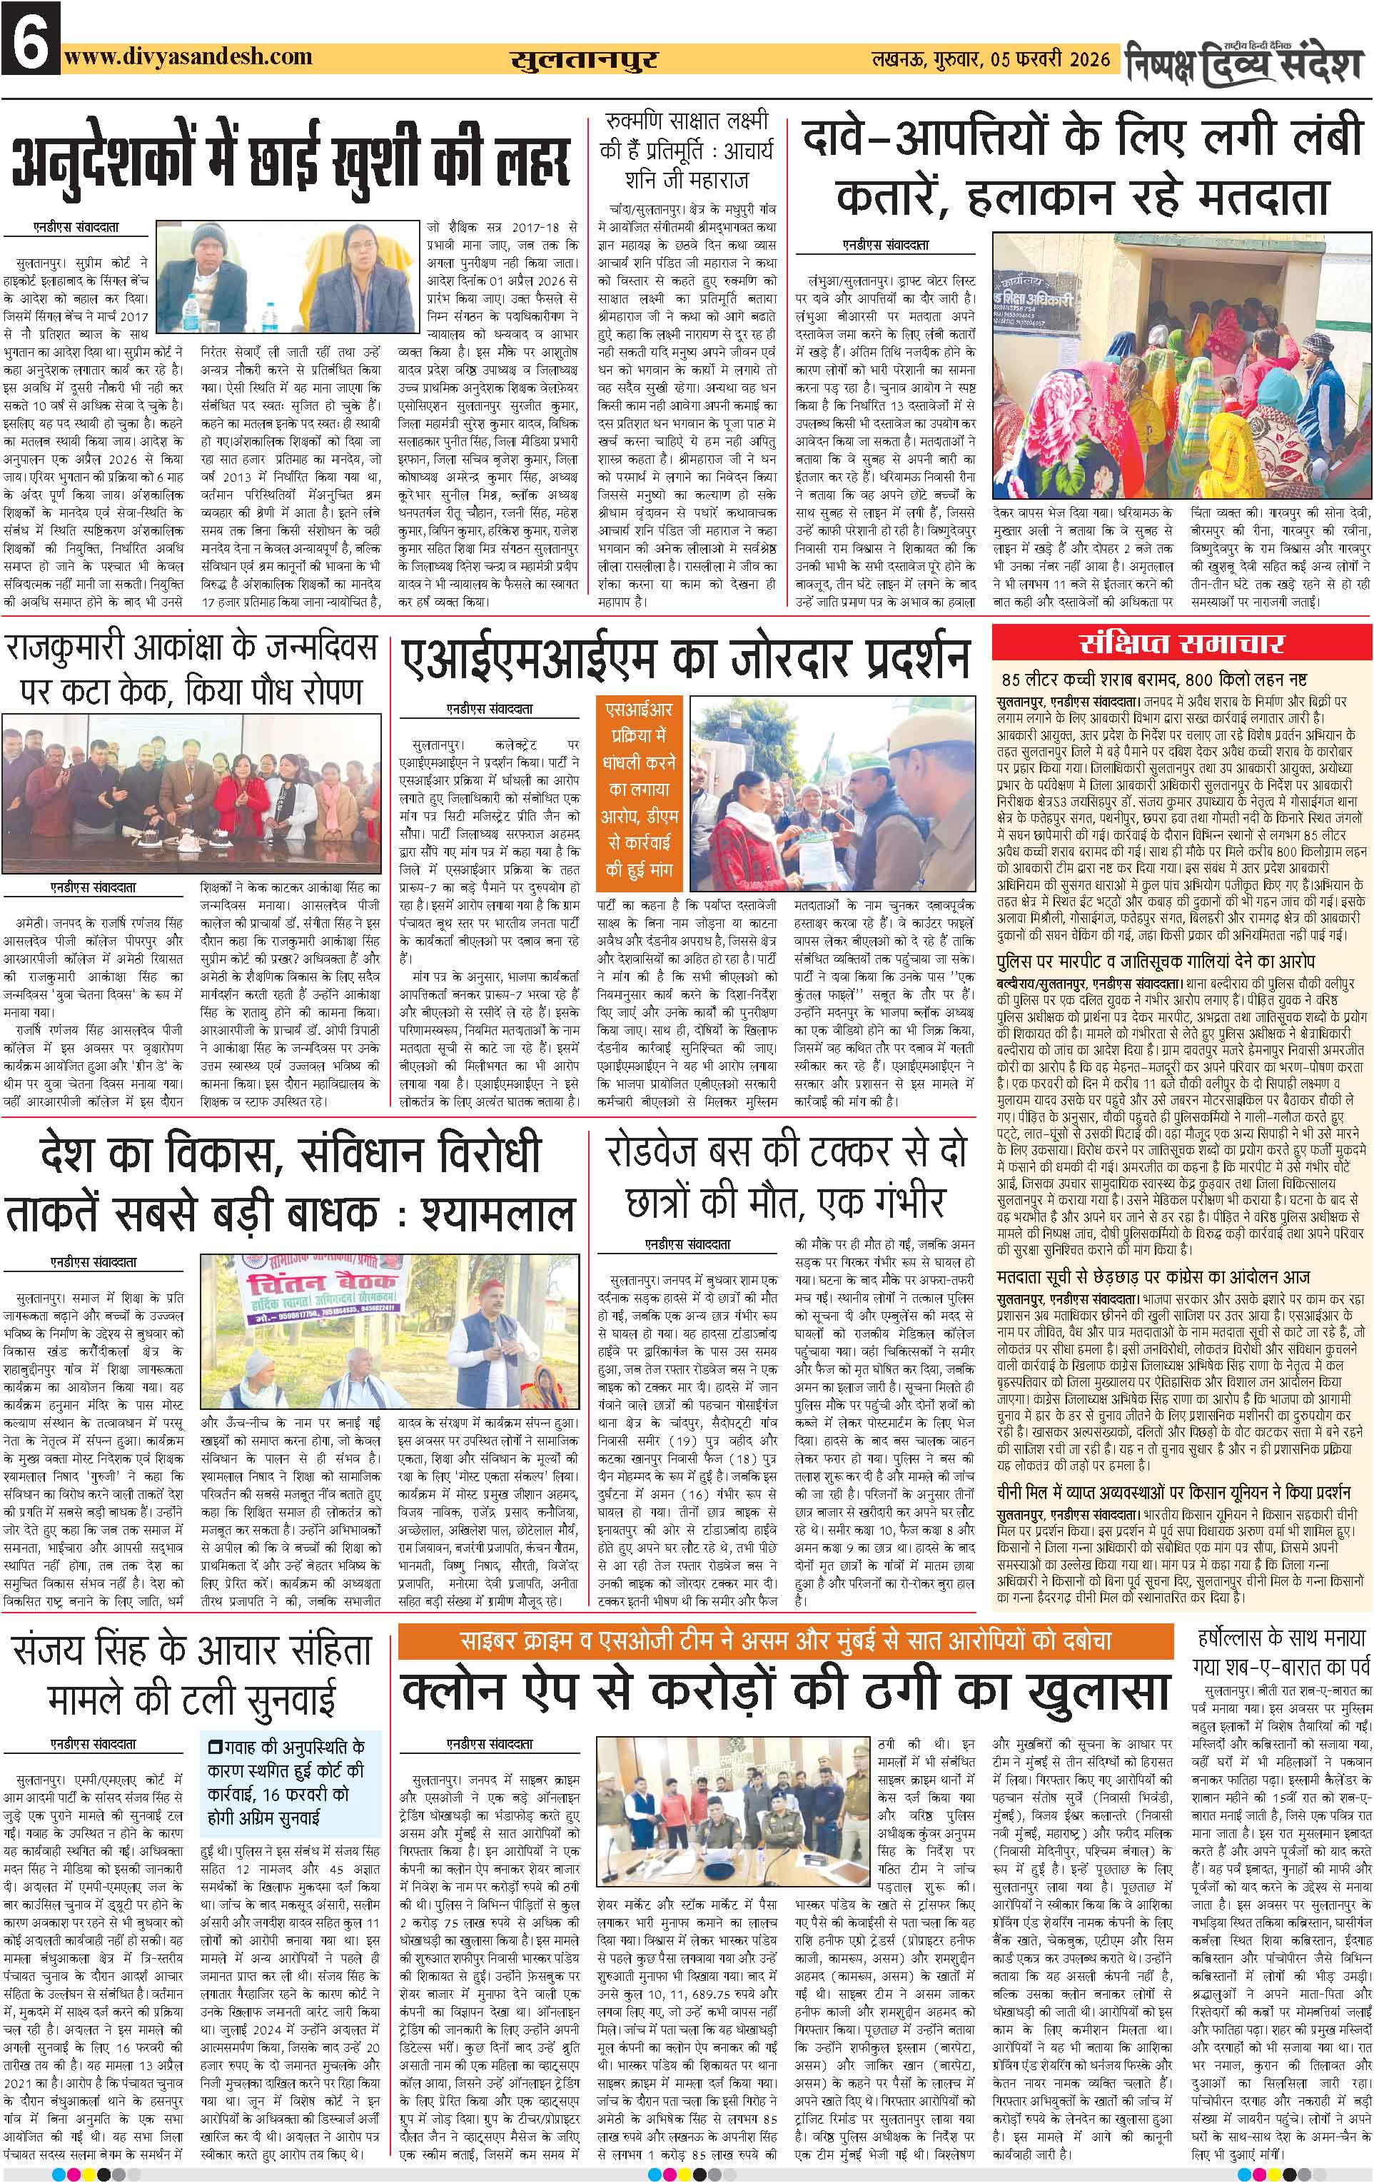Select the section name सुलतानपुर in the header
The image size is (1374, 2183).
(x=584, y=60)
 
